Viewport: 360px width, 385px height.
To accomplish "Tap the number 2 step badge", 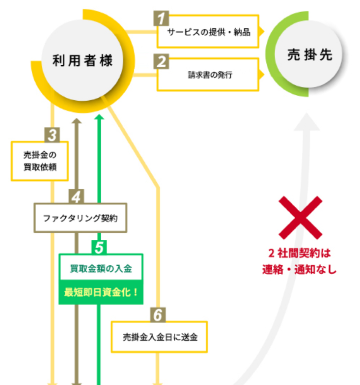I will (161, 62).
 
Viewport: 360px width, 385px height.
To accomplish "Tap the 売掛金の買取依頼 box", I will (39, 161).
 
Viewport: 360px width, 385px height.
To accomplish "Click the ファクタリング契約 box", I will (80, 218).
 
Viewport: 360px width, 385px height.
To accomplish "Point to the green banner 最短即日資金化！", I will (101, 293).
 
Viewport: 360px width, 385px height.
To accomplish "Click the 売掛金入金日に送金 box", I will (159, 336).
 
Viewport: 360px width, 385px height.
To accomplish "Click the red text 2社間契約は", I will (300, 254).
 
